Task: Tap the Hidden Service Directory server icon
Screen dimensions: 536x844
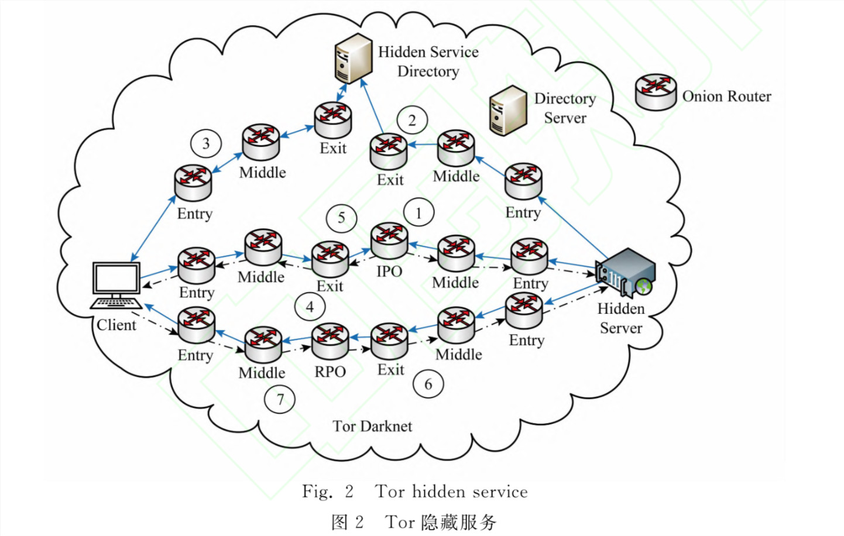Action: [353, 58]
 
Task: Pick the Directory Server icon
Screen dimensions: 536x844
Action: [507, 110]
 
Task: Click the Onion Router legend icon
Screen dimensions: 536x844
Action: [656, 92]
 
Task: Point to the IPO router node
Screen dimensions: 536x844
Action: [389, 240]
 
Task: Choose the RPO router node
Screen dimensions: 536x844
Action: [330, 342]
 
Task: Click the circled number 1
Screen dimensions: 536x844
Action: [418, 213]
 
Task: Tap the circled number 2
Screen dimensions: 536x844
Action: [412, 120]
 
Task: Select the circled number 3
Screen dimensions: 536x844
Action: [206, 143]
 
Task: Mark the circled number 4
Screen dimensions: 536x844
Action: [310, 307]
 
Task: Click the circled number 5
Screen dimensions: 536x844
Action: [341, 218]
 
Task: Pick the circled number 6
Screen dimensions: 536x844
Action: [428, 384]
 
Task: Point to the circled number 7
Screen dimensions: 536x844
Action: [280, 400]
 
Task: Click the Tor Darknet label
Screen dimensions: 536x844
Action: [372, 426]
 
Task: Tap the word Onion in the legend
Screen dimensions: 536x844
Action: [701, 97]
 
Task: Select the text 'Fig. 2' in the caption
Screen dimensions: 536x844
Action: [328, 492]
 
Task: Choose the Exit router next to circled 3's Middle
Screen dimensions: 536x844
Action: [333, 120]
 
